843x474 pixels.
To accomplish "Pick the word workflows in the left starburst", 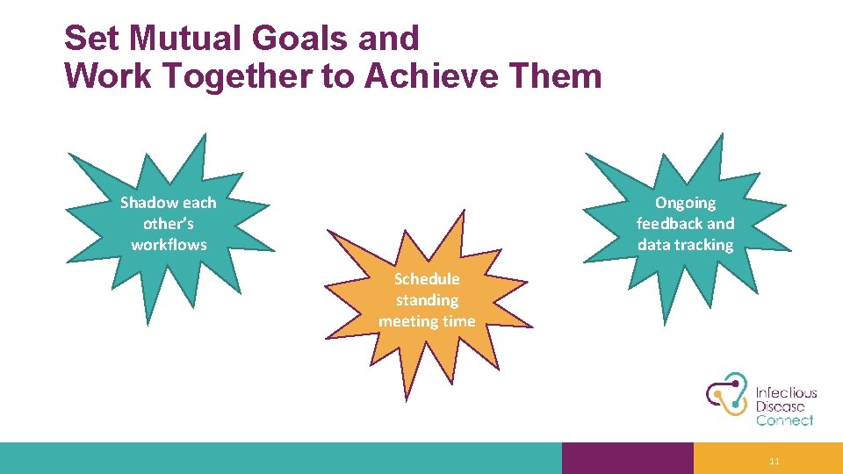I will (169, 245).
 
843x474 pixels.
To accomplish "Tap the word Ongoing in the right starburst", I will (685, 203).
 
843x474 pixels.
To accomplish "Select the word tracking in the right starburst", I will (706, 245).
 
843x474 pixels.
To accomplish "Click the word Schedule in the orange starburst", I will (427, 279).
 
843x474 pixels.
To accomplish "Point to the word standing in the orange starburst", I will (427, 300).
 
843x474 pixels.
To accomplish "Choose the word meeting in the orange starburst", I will (407, 321).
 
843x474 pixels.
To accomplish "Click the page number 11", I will (774, 462).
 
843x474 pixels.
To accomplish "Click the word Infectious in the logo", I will (787, 393).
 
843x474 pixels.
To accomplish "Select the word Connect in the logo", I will (784, 420).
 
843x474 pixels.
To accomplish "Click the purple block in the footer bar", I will (627, 458).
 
